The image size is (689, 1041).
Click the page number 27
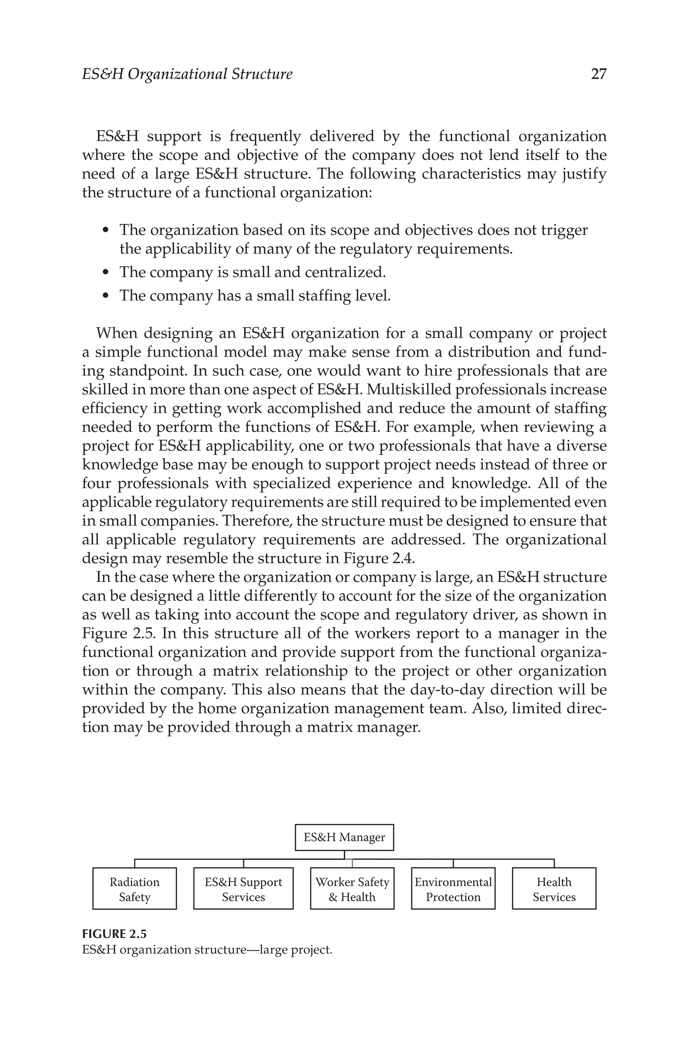click(599, 74)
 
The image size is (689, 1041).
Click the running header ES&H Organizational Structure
click(187, 74)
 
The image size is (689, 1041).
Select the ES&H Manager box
click(344, 837)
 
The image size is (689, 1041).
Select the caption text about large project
click(207, 949)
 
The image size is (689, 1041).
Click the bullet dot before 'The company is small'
click(105, 273)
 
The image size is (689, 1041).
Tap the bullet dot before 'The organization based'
click(105, 230)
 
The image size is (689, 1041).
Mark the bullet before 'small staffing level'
click(105, 296)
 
